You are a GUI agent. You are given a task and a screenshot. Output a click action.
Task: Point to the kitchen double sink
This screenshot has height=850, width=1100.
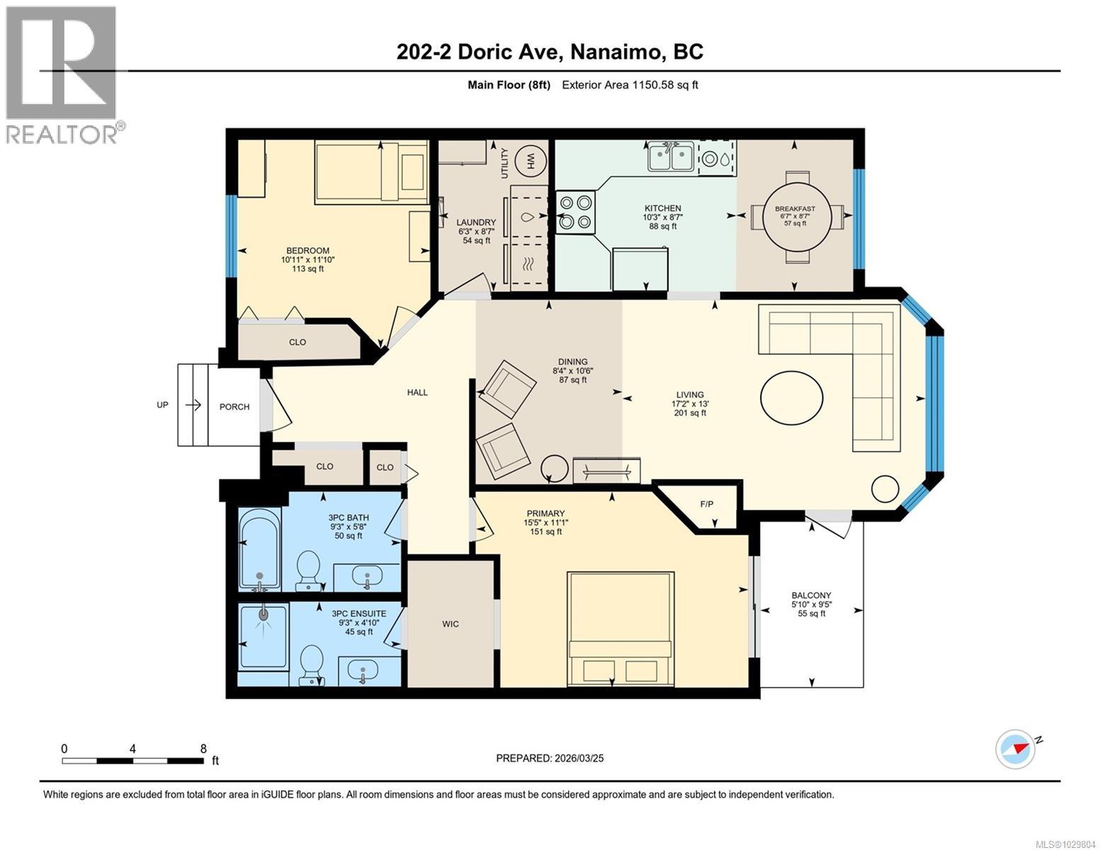[671, 157]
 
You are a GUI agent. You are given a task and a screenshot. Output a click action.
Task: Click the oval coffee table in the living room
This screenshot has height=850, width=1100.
[792, 397]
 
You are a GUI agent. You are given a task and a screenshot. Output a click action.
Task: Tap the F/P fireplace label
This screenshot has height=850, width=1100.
[706, 504]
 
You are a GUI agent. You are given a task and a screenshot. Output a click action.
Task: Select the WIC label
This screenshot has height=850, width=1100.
[450, 624]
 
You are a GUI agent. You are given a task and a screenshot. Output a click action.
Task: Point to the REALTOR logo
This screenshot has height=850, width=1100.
[62, 74]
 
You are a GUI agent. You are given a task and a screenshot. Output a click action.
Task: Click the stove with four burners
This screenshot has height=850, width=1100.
[574, 212]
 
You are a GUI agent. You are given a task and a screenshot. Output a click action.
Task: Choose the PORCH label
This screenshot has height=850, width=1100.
[234, 407]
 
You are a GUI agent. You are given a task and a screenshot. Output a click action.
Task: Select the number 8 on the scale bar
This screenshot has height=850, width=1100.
[203, 749]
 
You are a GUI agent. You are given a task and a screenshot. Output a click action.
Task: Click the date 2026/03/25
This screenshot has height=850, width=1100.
[579, 758]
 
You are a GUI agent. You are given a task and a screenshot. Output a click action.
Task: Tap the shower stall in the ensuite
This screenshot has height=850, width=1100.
[263, 637]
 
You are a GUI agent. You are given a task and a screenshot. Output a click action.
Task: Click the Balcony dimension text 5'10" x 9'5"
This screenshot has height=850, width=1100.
[812, 605]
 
